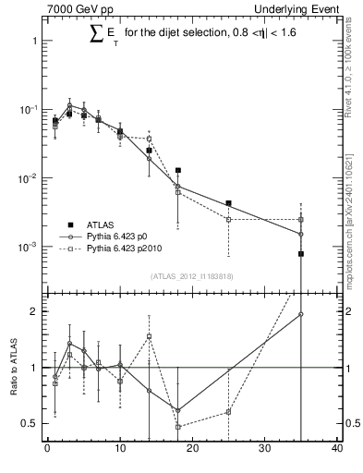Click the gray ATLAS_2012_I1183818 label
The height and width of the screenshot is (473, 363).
click(x=191, y=276)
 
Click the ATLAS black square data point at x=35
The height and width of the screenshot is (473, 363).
click(x=301, y=253)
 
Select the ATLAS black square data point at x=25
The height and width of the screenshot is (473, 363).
click(x=228, y=203)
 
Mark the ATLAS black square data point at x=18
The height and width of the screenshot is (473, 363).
click(x=177, y=171)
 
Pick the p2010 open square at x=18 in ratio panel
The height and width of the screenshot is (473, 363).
click(x=177, y=427)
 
